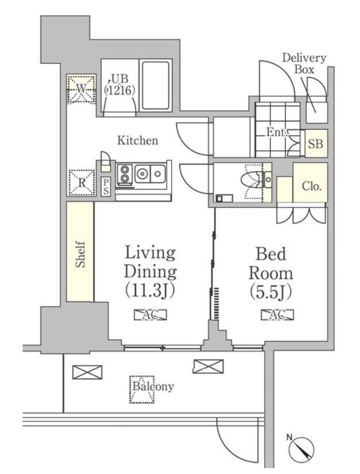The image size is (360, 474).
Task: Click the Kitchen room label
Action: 138,141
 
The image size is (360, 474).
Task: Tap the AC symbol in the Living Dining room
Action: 150,314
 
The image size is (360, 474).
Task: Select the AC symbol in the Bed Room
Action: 277,314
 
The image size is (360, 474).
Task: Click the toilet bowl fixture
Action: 251,180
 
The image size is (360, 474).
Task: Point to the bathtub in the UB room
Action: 156,86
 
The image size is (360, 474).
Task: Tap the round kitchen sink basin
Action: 142,173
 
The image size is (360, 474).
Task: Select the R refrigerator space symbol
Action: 82,182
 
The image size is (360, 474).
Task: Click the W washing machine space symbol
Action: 81,89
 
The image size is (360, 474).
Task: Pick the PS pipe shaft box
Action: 106,187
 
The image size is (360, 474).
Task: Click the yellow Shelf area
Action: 80,251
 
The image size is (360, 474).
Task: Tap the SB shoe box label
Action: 316,144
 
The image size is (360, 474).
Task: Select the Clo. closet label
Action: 312,186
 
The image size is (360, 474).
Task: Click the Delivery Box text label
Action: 304,64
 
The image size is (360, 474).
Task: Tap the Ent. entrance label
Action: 276,132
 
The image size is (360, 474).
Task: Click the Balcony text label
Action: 153,387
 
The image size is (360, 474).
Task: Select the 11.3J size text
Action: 150,290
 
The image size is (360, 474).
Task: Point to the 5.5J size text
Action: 271,292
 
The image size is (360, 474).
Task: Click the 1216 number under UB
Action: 119,91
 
